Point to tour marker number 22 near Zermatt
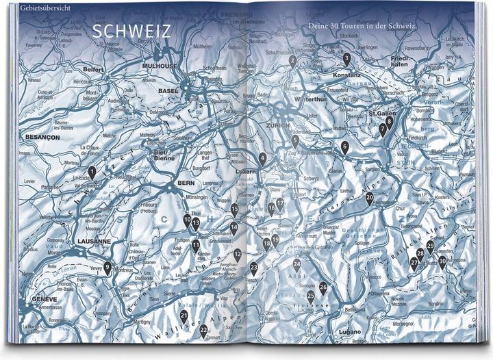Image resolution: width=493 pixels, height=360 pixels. (x=203, y=331)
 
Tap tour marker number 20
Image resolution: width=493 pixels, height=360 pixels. (x=370, y=198)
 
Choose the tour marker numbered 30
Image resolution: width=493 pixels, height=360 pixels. (x=442, y=261)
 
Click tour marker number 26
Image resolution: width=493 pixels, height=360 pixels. (x=323, y=287)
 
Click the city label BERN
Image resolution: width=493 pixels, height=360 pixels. (x=167, y=183)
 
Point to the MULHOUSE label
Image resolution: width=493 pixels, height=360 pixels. (x=159, y=66)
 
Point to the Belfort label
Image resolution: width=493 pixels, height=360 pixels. (x=92, y=69)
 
